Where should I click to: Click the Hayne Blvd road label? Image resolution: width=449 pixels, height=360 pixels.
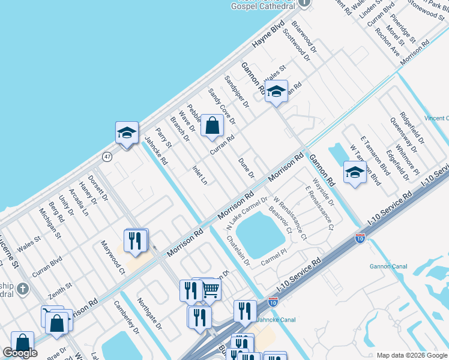[268, 37]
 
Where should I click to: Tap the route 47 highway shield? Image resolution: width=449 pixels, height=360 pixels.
[107, 157]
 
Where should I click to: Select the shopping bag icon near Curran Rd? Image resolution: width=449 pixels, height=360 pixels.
[212, 126]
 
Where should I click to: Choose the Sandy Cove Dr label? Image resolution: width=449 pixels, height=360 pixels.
[221, 106]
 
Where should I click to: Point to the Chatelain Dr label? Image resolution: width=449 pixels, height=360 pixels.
[238, 250]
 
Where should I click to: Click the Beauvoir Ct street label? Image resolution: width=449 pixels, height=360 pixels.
[280, 219]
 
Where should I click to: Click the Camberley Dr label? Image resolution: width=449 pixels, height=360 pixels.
[126, 318]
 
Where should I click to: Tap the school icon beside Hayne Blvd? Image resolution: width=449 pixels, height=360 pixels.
[127, 133]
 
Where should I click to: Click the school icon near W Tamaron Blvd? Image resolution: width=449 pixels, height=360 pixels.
[354, 173]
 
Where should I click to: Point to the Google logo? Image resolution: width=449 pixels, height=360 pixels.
[20, 353]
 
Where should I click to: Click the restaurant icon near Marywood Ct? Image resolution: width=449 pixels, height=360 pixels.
[135, 240]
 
